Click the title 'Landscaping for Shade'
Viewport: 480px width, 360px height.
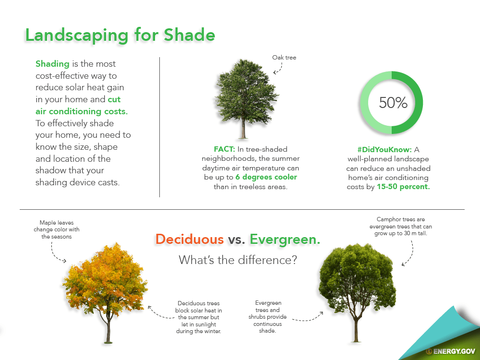click(120, 35)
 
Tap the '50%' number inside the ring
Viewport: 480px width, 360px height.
click(393, 103)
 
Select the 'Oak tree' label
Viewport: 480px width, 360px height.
click(284, 58)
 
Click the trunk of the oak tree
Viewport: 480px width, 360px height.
click(243, 128)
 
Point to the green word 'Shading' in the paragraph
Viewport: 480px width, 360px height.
click(52, 64)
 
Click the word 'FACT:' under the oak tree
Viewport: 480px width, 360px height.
click(224, 149)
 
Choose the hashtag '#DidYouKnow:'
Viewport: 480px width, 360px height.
click(384, 150)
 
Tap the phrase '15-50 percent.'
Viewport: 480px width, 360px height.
click(403, 187)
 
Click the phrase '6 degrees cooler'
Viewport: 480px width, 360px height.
click(266, 177)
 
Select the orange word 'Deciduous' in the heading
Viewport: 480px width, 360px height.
click(190, 239)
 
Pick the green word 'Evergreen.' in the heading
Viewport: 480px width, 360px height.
click(285, 239)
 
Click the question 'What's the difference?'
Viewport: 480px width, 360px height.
click(238, 260)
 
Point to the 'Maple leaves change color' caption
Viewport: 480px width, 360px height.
click(57, 229)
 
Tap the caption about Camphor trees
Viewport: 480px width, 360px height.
click(401, 226)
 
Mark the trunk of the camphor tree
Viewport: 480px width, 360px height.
click(356, 329)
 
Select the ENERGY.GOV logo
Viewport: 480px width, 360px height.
click(451, 351)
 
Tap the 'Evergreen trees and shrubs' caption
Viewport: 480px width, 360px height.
click(267, 317)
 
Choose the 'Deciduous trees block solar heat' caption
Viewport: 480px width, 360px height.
click(199, 317)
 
